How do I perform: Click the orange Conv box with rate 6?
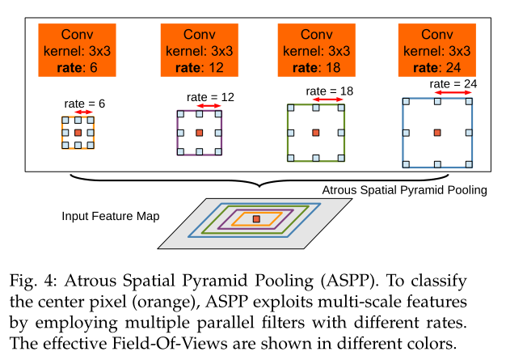(x=77, y=50)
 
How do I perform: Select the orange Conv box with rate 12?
(x=200, y=50)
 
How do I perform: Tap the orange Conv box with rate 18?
(x=317, y=50)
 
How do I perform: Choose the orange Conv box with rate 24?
(x=437, y=50)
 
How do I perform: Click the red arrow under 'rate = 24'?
(x=454, y=94)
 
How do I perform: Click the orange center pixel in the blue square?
(x=437, y=132)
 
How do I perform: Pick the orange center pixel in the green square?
(x=317, y=132)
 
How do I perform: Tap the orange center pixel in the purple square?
(x=200, y=132)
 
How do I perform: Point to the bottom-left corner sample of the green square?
(x=289, y=158)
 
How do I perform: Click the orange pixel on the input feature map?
(x=255, y=218)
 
